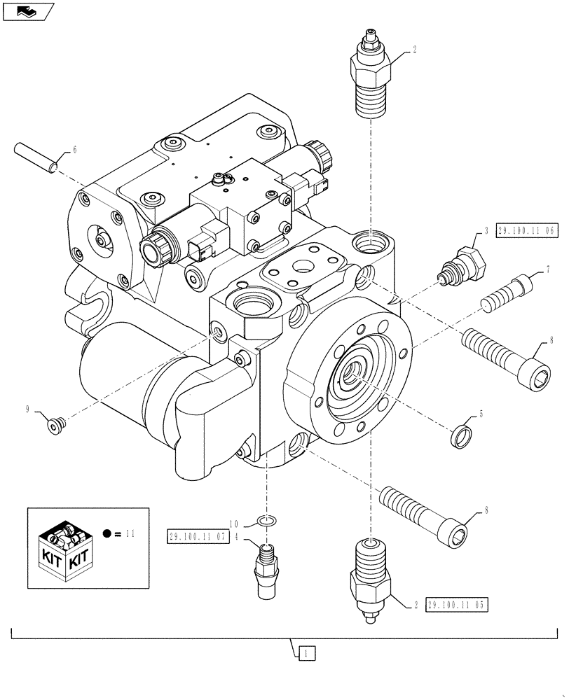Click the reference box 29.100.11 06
527,232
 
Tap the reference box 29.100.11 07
198,537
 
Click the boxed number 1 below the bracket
306,654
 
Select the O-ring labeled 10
266,521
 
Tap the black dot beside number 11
107,534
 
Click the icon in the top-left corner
27,11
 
